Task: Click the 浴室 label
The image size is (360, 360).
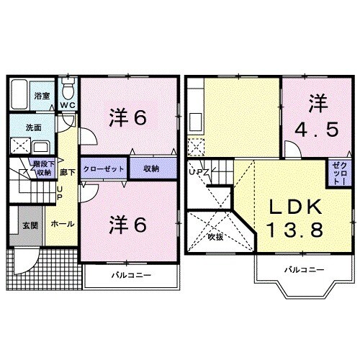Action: pyautogui.click(x=41, y=95)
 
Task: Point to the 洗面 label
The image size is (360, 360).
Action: pyautogui.click(x=33, y=127)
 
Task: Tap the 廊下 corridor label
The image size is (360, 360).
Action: pyautogui.click(x=66, y=173)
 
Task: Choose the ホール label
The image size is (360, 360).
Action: pyautogui.click(x=60, y=224)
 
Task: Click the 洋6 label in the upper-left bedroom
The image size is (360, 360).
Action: pyautogui.click(x=130, y=117)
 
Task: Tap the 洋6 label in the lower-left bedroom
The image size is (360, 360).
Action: pyautogui.click(x=130, y=225)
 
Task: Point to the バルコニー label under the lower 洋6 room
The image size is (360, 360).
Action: pyautogui.click(x=129, y=276)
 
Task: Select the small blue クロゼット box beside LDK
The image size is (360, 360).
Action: pyautogui.click(x=338, y=174)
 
